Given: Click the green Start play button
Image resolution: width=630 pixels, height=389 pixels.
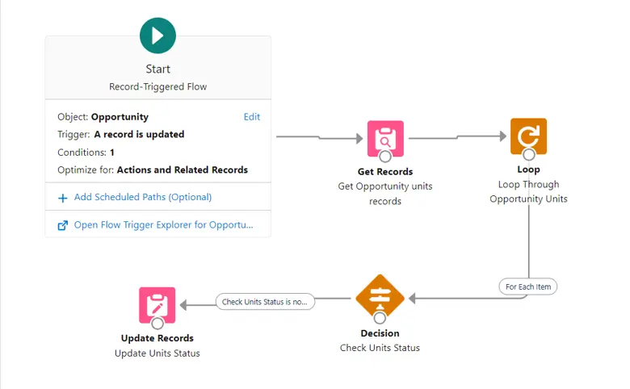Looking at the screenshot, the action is click(157, 36).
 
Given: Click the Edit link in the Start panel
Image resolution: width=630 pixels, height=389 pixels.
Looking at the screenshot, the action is click(252, 117).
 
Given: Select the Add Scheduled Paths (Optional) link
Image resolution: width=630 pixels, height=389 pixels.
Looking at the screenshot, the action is click(143, 197).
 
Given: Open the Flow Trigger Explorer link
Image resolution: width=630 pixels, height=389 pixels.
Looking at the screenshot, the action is click(163, 225).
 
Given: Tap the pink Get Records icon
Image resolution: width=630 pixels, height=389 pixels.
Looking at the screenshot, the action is click(385, 139).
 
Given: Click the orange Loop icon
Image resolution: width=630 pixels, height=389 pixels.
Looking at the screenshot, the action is click(528, 136).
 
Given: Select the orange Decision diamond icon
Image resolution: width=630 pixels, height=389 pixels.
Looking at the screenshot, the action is click(380, 298).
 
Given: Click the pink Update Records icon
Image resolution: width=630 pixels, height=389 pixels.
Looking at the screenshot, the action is click(157, 305).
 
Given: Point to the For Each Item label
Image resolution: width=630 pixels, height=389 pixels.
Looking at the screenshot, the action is click(528, 287).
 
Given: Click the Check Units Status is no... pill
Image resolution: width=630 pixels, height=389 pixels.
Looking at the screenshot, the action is click(265, 302).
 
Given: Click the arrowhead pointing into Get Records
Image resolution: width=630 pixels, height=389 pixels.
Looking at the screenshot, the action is click(359, 139).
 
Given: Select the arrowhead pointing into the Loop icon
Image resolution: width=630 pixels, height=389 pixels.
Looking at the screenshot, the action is click(503, 136).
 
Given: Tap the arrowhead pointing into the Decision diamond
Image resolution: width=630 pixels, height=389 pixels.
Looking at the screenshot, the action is click(412, 299).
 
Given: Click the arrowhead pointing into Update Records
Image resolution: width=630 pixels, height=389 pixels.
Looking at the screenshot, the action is click(183, 305).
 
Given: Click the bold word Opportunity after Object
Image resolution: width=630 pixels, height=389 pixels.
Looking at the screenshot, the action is click(120, 117).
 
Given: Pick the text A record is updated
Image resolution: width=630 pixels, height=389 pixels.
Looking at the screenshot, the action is click(139, 135).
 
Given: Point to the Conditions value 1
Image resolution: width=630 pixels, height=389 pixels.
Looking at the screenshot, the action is click(112, 153).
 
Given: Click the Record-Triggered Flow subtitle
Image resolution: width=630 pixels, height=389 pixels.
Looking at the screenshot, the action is click(157, 86).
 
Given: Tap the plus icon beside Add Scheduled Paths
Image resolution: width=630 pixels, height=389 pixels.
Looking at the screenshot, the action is click(63, 198).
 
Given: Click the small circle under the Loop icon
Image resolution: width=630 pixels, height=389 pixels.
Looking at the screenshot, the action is click(529, 154).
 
